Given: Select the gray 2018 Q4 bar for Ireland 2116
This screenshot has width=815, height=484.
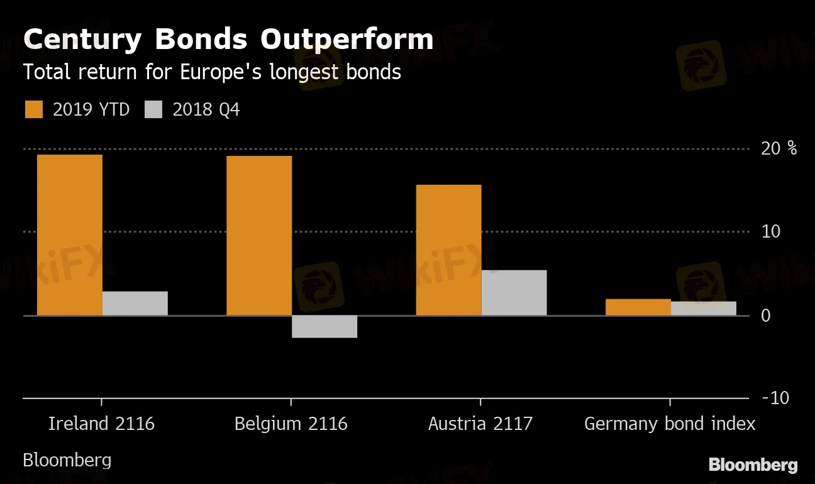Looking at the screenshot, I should [135, 303].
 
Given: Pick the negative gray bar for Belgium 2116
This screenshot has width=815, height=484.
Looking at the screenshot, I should [324, 326].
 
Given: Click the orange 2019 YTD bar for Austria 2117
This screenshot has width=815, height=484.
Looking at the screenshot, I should [449, 250].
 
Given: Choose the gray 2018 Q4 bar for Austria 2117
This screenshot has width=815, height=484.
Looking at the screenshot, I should [514, 292].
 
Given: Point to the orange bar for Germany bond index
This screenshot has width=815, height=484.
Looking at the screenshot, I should [638, 307].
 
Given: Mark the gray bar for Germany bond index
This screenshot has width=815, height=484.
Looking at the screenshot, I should [704, 308].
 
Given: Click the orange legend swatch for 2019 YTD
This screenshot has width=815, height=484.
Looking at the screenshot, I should [34, 109].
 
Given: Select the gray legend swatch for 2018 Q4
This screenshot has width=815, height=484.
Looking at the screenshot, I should [153, 109].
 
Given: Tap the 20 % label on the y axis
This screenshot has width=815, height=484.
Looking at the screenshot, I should [779, 148].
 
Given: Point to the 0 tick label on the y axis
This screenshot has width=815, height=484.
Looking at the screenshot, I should [765, 315].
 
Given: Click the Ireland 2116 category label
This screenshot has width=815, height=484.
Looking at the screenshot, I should [101, 424].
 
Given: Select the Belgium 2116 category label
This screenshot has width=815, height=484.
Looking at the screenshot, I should [291, 424].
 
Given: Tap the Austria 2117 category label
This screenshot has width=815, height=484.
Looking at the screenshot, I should [480, 424].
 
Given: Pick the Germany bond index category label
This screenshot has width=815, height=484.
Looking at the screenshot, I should [670, 424].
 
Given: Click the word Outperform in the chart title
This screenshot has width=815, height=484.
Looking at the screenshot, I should [347, 39].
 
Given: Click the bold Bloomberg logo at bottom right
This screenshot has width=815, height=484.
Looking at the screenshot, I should [753, 465].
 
